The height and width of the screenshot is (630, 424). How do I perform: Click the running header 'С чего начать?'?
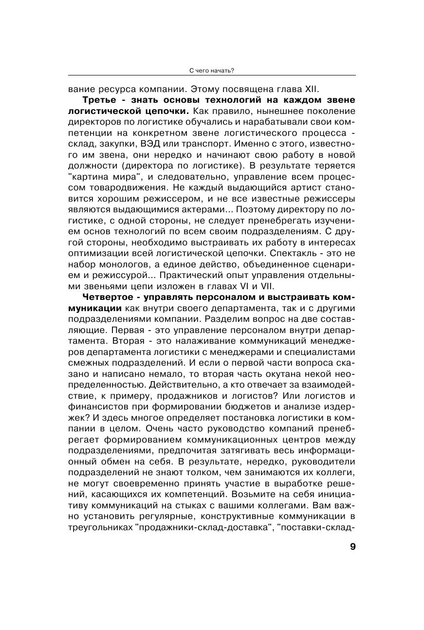point(212,70)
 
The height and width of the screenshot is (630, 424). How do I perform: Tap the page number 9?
point(352,546)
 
